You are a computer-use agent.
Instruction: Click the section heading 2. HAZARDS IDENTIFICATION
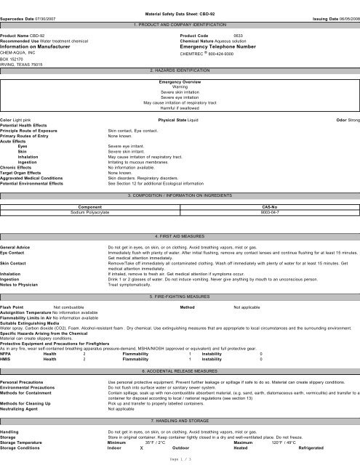(x=179, y=70)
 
